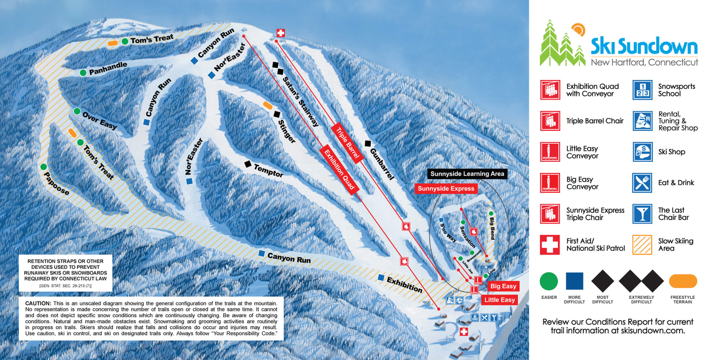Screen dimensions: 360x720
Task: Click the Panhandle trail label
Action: [108, 68]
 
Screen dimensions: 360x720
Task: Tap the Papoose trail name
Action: [56, 184]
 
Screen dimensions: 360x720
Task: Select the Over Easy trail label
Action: [99, 121]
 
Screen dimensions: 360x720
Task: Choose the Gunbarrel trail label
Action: [382, 164]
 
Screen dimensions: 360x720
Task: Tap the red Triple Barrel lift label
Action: [347, 143]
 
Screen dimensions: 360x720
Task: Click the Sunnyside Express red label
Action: [446, 189]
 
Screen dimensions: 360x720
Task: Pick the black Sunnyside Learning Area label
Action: [467, 174]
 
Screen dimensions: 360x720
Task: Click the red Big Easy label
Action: [503, 286]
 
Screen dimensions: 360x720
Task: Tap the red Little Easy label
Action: [499, 300]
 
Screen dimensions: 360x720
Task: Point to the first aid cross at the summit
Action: [281, 33]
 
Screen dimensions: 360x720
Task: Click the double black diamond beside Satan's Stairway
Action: [278, 68]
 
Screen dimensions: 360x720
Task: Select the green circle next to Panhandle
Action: [83, 73]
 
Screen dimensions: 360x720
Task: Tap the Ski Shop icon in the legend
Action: [642, 152]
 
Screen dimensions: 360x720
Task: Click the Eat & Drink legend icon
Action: [642, 183]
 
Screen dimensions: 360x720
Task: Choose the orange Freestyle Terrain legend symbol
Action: [683, 281]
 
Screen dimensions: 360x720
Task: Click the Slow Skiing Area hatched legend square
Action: [642, 245]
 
